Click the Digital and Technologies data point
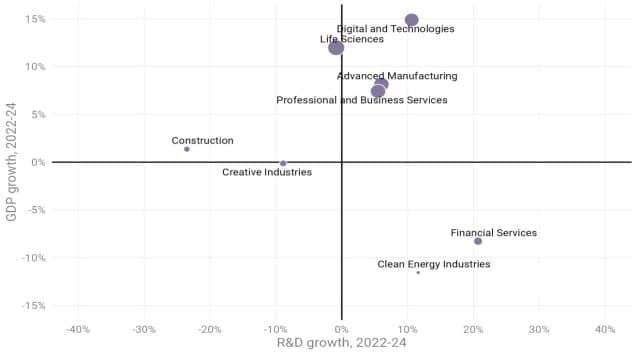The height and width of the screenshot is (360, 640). [412, 20]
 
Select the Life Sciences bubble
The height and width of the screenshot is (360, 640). [336, 48]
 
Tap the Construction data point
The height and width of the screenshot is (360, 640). [187, 149]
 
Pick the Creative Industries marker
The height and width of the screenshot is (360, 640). [283, 163]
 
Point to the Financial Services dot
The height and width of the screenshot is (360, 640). [478, 241]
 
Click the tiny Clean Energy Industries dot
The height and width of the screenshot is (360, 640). [418, 273]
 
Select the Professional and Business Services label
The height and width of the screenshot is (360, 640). [362, 100]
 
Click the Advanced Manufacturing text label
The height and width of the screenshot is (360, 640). [397, 76]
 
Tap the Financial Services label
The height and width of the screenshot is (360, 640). [493, 233]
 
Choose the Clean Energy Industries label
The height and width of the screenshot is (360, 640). [434, 264]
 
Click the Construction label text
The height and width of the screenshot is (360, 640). [202, 140]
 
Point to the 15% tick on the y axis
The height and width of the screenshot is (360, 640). [35, 19]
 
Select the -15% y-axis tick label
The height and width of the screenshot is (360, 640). [33, 305]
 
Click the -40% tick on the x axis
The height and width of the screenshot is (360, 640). [78, 329]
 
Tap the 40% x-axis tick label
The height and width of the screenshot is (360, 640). [605, 329]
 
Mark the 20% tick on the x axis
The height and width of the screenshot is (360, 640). [473, 329]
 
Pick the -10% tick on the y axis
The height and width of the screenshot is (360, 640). [33, 258]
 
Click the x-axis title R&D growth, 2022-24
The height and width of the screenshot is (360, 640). [342, 342]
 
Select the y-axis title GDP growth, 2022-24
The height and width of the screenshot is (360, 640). [11, 162]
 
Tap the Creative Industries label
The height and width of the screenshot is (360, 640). [267, 172]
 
